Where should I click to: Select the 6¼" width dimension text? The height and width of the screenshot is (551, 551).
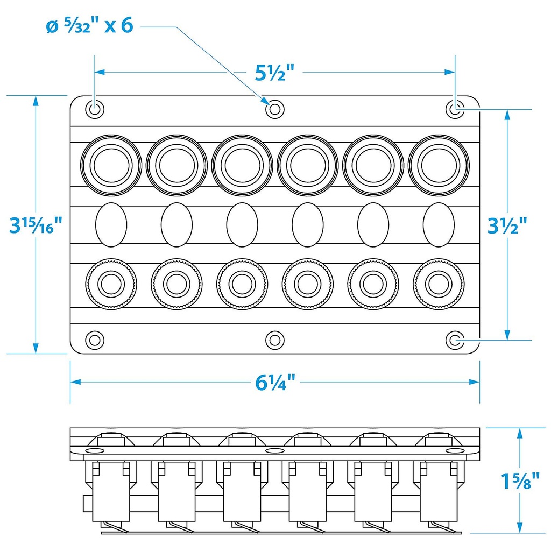(x=275, y=383)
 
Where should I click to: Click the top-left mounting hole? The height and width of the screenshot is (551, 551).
(x=95, y=109)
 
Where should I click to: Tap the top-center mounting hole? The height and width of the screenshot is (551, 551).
(x=275, y=109)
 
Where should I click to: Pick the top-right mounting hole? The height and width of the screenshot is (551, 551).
(x=456, y=109)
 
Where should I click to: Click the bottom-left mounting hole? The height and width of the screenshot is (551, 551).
(x=95, y=340)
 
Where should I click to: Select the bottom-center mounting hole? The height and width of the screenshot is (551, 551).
(x=275, y=340)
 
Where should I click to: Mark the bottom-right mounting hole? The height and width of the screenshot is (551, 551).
(x=456, y=340)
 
